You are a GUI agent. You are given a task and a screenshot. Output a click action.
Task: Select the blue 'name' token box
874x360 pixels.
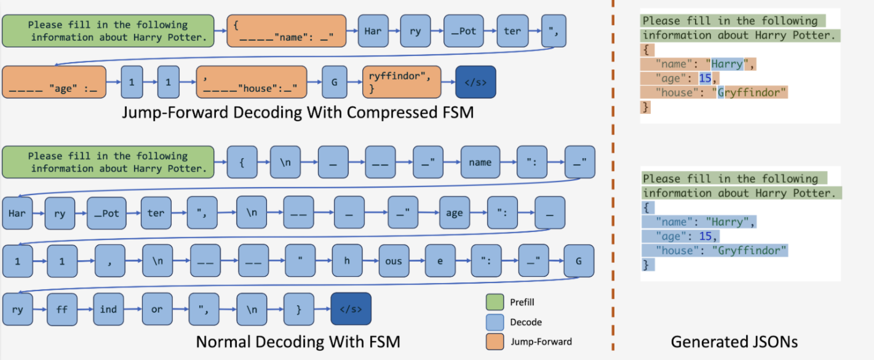pyautogui.click(x=480, y=162)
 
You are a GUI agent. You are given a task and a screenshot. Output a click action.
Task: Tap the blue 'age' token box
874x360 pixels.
pyautogui.click(x=455, y=213)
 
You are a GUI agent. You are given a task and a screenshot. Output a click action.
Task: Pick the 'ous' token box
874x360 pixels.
pyautogui.click(x=394, y=261)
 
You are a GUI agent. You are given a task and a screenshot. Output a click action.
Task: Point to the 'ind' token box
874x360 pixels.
pyautogui.click(x=108, y=309)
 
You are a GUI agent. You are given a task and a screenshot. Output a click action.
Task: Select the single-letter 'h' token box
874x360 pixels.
pyautogui.click(x=347, y=261)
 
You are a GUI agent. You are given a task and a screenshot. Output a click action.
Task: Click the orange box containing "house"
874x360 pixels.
pyautogui.click(x=251, y=82)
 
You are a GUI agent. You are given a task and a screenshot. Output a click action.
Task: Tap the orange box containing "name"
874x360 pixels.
pyautogui.click(x=284, y=31)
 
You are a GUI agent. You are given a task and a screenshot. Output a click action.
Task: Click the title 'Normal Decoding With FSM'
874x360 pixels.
pyautogui.click(x=298, y=342)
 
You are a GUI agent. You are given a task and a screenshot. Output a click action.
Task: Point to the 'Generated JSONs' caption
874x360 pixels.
pyautogui.click(x=734, y=342)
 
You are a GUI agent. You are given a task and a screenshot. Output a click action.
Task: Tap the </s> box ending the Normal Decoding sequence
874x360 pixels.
pyautogui.click(x=351, y=309)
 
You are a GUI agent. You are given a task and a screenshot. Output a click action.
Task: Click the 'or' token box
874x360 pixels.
pyautogui.click(x=157, y=309)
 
